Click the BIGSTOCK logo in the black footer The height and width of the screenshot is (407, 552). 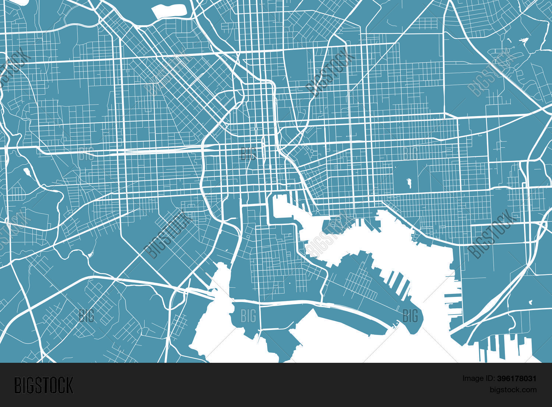[x=44, y=385]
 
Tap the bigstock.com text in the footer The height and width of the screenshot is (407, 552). [x=513, y=390]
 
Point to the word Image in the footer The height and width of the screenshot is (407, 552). [x=473, y=378]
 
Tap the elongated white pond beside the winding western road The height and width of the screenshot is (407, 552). [x=27, y=171]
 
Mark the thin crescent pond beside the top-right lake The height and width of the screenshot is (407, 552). [x=509, y=41]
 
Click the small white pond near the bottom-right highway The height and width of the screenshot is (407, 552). [x=530, y=302]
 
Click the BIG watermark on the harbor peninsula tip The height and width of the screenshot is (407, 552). [x=410, y=316]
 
